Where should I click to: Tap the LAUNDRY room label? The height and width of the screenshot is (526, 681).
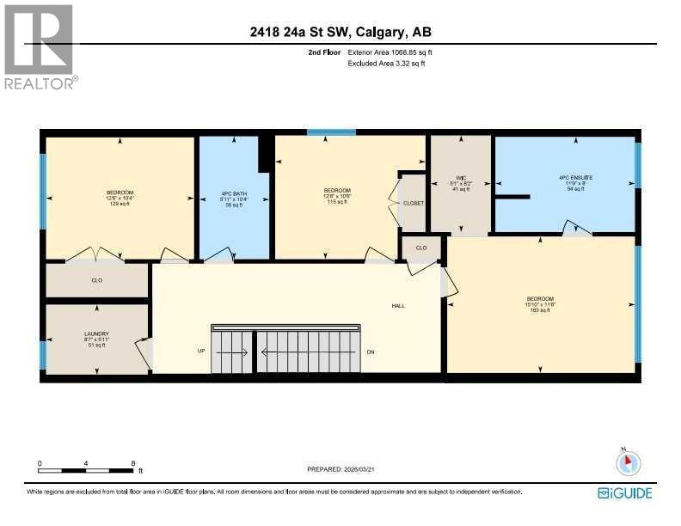point(95,339)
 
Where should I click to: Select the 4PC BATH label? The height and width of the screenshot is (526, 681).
point(234,197)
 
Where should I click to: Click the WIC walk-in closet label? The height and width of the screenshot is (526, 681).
point(461,184)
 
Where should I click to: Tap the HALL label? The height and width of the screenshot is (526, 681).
point(398,305)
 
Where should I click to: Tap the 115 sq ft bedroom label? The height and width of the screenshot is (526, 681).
point(336,195)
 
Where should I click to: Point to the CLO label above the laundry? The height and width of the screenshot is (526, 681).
point(96,280)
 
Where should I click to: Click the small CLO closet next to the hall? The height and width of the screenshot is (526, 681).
point(420,248)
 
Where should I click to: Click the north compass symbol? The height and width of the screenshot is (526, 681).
point(629,463)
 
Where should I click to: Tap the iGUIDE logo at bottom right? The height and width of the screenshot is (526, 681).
point(625,492)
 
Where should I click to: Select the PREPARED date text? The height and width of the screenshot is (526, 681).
point(343,469)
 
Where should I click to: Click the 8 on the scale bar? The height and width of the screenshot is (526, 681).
point(132,463)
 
